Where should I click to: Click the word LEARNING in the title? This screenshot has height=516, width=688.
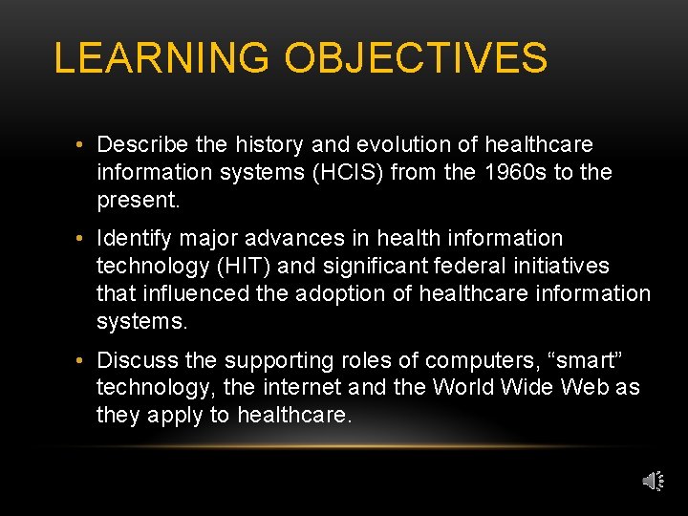click(x=161, y=58)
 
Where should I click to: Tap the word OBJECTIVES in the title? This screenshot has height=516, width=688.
click(x=416, y=58)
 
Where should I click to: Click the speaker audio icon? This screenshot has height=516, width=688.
click(x=652, y=481)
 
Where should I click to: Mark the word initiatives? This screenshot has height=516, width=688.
click(x=569, y=265)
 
